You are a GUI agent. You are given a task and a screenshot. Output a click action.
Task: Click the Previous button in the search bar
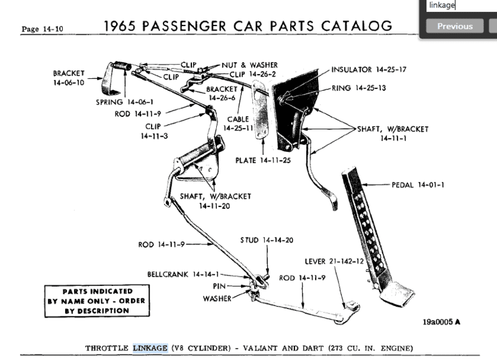pos(455,26)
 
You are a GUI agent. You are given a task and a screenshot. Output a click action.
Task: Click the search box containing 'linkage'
pos(460,6)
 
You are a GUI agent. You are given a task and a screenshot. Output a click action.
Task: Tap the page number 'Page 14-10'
pos(42,29)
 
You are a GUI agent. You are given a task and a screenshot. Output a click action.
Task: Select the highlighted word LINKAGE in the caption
pos(150,348)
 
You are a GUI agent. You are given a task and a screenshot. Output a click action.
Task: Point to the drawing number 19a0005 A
pos(442,322)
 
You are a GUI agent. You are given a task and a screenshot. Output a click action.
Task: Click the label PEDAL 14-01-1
pos(419,185)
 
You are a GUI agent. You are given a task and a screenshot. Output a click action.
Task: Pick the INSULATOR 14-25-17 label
pos(369,70)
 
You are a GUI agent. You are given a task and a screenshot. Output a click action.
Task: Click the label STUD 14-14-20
pos(267,239)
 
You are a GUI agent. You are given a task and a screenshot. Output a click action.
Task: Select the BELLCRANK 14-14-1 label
pos(183,274)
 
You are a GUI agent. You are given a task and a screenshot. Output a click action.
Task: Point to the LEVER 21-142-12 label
pos(334,261)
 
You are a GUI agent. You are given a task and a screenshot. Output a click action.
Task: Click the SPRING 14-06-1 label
pos(125,101)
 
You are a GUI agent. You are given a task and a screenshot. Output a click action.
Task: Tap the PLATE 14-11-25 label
pos(263,160)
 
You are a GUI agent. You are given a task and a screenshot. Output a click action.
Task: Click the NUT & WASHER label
pos(249,65)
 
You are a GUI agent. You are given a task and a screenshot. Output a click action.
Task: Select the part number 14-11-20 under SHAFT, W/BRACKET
pos(216,205)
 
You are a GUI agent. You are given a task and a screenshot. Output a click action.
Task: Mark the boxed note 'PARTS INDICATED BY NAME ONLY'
pos(88,301)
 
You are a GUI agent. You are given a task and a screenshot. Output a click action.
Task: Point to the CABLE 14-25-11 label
pos(239,123)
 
